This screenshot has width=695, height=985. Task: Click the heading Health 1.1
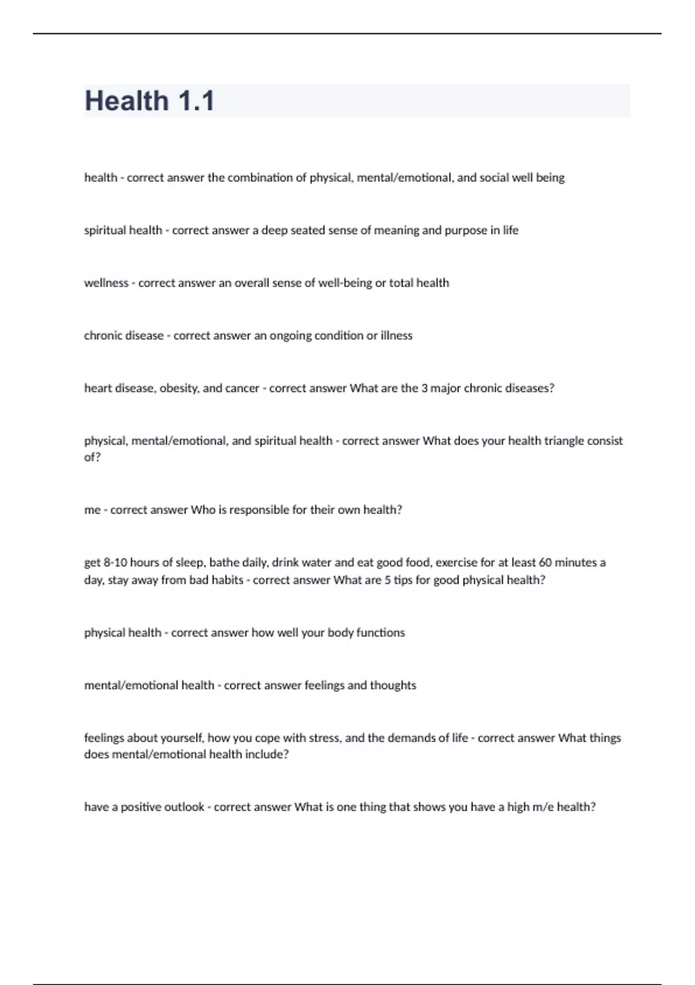pyautogui.click(x=149, y=101)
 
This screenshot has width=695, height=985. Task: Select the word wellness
pyautogui.click(x=106, y=283)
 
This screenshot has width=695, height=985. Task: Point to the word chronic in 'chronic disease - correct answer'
pyautogui.click(x=100, y=335)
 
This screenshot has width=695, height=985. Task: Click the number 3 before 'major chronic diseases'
pyautogui.click(x=425, y=388)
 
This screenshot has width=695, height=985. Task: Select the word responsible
pyautogui.click(x=259, y=510)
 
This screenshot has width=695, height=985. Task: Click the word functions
pyautogui.click(x=381, y=633)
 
